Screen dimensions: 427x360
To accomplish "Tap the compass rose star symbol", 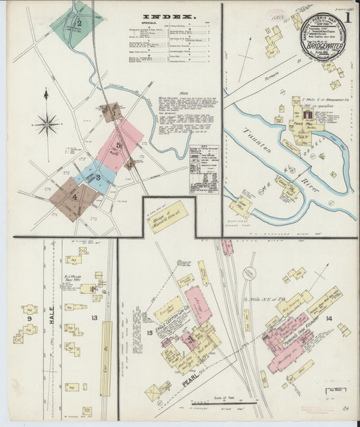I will click(x=47, y=123).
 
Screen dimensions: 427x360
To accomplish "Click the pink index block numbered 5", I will click(x=119, y=145).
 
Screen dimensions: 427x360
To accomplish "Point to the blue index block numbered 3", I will click(x=98, y=177).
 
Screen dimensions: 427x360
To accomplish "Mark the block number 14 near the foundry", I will click(x=328, y=318).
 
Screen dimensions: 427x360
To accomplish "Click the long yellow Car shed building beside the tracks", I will click(x=106, y=358).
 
